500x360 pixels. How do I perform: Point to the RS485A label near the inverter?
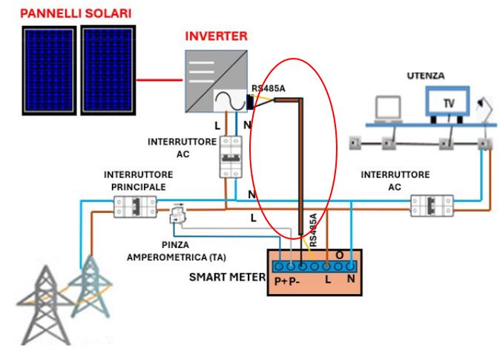click(x=267, y=89)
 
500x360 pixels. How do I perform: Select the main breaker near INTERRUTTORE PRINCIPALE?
click(x=134, y=206)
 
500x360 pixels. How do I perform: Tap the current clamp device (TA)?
click(x=178, y=216)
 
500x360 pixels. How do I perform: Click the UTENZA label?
click(x=427, y=76)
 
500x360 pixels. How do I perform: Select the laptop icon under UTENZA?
click(x=387, y=110)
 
